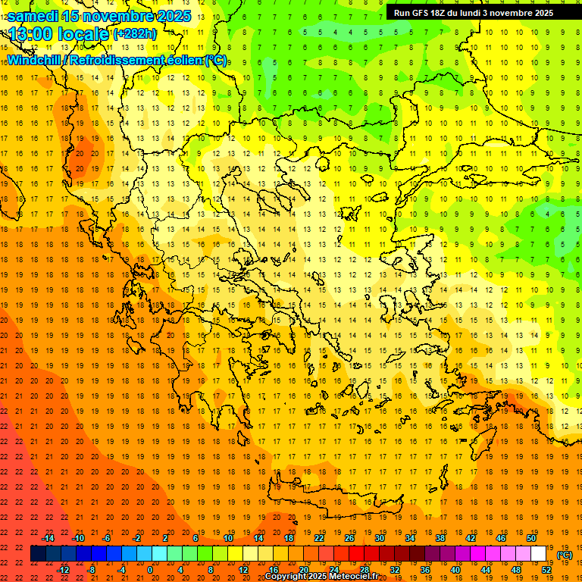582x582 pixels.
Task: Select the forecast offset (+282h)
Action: (134, 34)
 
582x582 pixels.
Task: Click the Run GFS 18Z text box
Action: (473, 13)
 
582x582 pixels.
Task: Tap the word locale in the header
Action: (83, 34)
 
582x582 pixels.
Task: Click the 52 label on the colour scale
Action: (546, 570)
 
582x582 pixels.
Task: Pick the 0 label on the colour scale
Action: (150, 570)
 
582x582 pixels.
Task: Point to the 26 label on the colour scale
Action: (349, 538)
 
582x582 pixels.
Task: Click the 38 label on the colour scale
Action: (440, 538)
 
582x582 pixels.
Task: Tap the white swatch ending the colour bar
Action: (539, 554)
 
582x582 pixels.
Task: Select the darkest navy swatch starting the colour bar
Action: (38, 554)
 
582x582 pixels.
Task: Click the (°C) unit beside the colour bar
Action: (565, 555)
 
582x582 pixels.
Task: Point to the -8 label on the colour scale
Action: (91, 570)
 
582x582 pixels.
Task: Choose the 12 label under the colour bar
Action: (243, 570)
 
